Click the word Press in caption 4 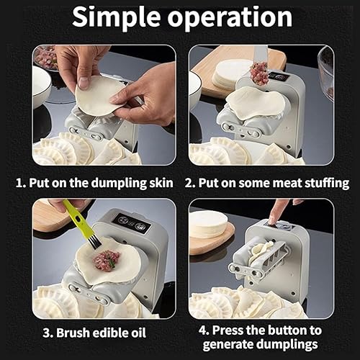point(228,330)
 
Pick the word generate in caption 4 point(228,344)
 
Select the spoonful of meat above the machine point(258,74)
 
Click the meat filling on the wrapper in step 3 point(107,261)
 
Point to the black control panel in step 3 point(132,222)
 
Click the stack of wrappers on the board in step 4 point(208,224)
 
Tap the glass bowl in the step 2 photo point(325,71)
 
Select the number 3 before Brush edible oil point(46,333)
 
